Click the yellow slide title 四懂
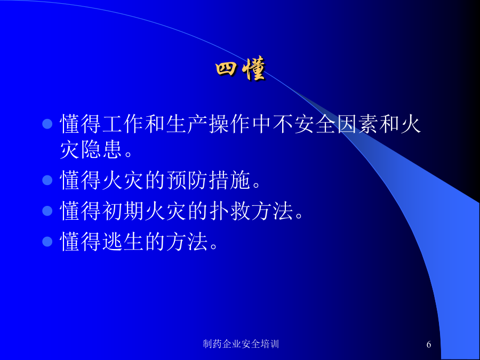[241, 69]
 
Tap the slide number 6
[429, 345]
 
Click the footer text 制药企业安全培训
[241, 344]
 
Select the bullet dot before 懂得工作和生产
[47, 124]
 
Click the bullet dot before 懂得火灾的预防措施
[47, 180]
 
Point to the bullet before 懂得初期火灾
[47, 211]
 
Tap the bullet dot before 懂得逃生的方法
[47, 242]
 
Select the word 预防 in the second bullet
[187, 180]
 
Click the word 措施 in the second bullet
[229, 180]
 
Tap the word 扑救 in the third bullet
[229, 211]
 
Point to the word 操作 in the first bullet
[229, 124]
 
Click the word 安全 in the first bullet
[315, 124]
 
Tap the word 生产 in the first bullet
[187, 124]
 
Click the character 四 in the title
[226, 69]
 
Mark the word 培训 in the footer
[270, 344]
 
